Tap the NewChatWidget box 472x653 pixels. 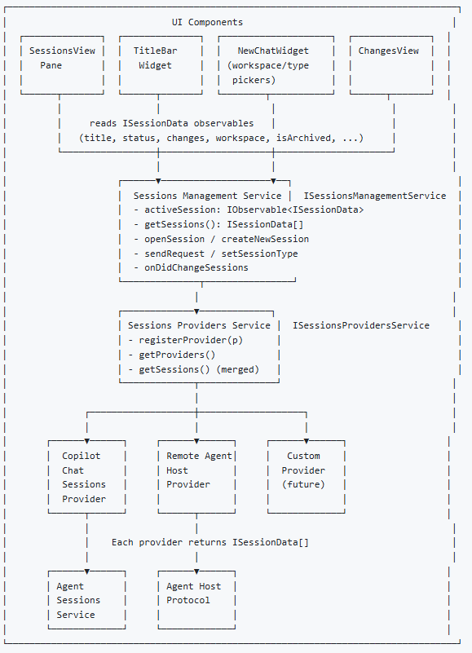(276, 65)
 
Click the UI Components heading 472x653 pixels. (207, 22)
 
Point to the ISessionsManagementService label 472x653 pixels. (375, 196)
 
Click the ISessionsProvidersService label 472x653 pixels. (360, 325)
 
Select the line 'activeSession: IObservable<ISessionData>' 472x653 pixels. (248, 210)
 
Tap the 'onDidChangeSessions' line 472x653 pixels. (191, 267)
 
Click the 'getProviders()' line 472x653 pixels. (172, 355)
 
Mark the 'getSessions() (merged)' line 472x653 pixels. (193, 369)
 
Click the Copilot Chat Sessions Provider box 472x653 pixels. (86, 477)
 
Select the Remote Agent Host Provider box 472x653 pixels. (196, 477)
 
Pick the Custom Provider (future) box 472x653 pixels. (306, 477)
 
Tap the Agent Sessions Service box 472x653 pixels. (86, 601)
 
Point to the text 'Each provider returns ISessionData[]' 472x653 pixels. (210, 542)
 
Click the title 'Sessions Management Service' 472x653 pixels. (207, 196)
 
